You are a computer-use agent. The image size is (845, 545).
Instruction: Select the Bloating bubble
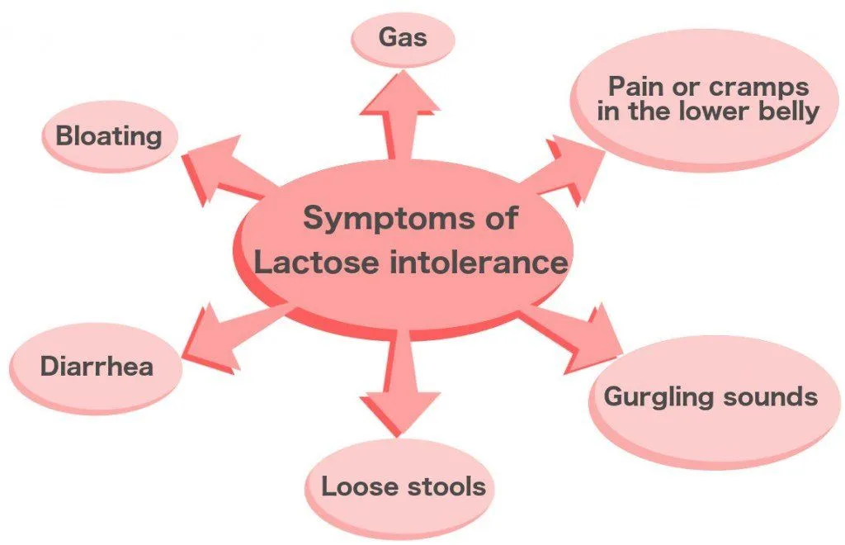pos(107,136)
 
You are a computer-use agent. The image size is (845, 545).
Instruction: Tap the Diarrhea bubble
pos(97,367)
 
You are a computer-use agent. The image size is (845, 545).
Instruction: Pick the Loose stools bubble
pos(403,487)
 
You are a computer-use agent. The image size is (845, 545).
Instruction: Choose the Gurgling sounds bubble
pos(710,398)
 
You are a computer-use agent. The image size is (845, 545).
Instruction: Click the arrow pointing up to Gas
pos(400,116)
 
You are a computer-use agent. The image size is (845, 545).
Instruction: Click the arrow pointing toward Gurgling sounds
pos(578,330)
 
